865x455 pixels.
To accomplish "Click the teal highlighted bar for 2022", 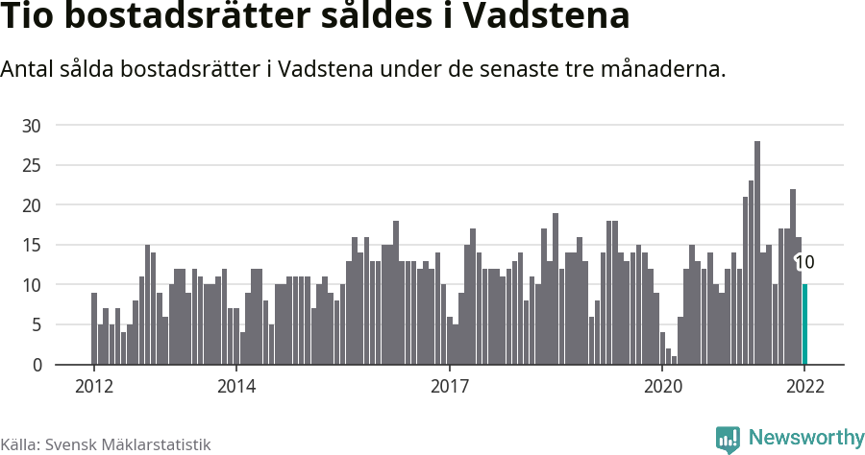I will [804, 324].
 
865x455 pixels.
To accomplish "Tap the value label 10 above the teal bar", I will [804, 262].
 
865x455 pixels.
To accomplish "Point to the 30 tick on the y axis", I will [32, 126].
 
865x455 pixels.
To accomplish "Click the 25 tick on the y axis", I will [32, 165].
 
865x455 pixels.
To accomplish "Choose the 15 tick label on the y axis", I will [32, 245].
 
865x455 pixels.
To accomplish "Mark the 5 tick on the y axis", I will [37, 325].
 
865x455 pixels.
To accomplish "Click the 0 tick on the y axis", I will [37, 365].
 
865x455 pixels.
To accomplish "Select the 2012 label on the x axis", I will [94, 387].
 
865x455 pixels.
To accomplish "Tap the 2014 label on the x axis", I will [236, 387].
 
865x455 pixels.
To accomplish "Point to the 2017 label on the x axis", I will [449, 387].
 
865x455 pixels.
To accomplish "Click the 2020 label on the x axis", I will [662, 387].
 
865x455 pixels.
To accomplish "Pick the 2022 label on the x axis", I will [804, 387].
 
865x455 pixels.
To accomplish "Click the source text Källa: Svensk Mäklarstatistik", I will [105, 444].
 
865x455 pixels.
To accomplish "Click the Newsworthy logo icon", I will [728, 439].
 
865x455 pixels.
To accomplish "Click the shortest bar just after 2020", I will [675, 360].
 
